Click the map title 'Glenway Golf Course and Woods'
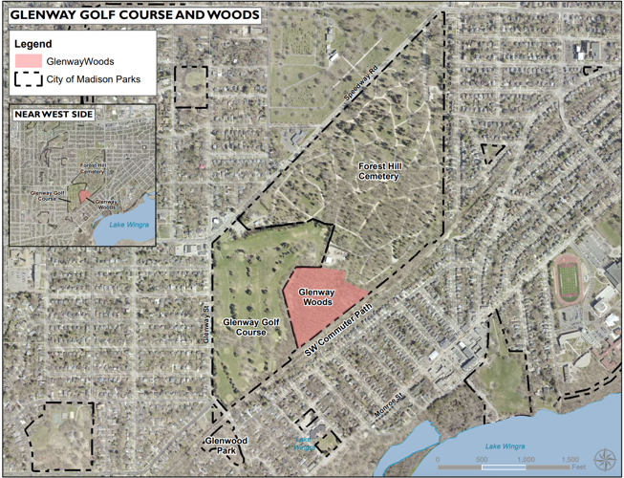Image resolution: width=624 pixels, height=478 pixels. point(134,15)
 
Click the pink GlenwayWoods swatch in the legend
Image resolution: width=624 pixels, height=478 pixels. point(29,62)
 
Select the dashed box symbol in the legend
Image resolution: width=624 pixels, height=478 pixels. point(29,80)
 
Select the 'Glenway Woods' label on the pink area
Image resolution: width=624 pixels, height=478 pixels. point(315,298)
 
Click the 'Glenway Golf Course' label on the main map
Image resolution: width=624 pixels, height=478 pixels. point(249,328)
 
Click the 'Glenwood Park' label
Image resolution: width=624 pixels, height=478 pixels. point(226,445)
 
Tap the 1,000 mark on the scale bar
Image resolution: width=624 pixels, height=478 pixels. point(527,460)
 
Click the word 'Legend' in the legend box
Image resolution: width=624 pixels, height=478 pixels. point(35,44)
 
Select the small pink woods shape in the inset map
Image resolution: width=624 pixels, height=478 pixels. point(83,196)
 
